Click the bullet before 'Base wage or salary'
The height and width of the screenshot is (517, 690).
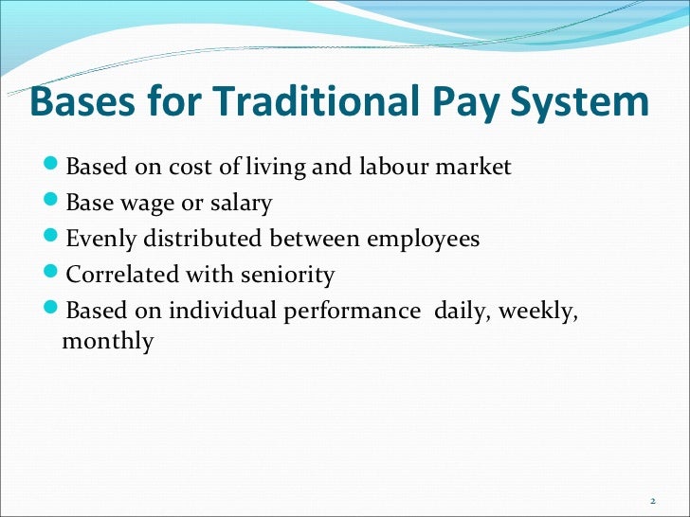(x=54, y=203)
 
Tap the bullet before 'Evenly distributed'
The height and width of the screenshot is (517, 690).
(x=54, y=239)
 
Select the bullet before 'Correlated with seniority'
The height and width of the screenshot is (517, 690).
(x=54, y=275)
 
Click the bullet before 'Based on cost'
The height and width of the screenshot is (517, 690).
(x=54, y=167)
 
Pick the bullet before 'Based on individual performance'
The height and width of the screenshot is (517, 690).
(x=54, y=311)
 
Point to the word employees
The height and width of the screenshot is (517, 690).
(x=424, y=240)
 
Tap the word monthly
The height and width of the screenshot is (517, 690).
(x=107, y=341)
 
